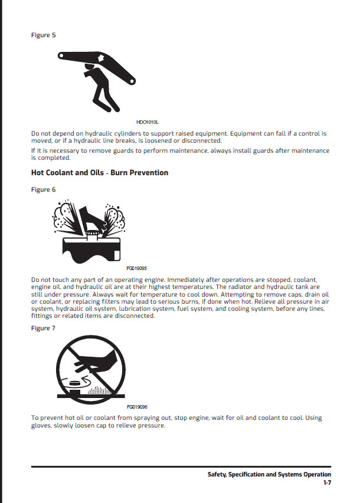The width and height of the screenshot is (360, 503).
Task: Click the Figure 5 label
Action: click(x=43, y=35)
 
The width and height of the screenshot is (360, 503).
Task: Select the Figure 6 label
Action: click(x=43, y=189)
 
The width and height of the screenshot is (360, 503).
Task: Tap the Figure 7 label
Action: click(x=43, y=328)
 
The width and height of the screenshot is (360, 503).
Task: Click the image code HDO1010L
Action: click(x=146, y=121)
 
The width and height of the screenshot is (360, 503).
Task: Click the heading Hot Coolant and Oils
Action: click(x=99, y=173)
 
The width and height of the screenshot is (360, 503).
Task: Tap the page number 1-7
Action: click(x=326, y=483)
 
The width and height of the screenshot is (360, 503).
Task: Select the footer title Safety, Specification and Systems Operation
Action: click(x=269, y=474)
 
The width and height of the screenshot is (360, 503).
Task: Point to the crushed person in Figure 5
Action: click(x=97, y=88)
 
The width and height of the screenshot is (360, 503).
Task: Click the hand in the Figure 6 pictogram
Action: click(x=94, y=219)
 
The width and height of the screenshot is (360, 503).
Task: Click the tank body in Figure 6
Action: click(x=91, y=246)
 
